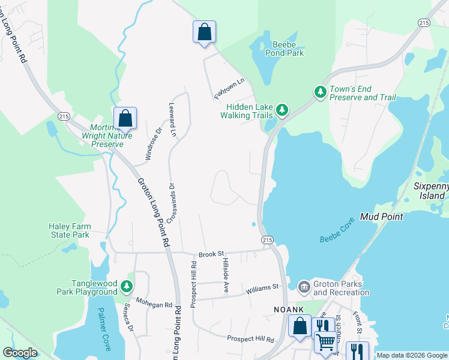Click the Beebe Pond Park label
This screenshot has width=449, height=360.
pyautogui.click(x=288, y=49)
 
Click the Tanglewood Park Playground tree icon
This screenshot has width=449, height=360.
pyautogui.click(x=126, y=287)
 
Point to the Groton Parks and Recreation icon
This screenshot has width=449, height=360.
pyautogui.click(x=304, y=287)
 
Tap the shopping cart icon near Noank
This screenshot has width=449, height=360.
pyautogui.click(x=325, y=341)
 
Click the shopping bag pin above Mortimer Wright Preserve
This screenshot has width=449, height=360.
pyautogui.click(x=125, y=118)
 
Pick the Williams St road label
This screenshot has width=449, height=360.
pyautogui.click(x=263, y=289)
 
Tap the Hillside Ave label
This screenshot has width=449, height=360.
pyautogui.click(x=226, y=275)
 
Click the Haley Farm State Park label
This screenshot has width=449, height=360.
pyautogui.click(x=69, y=230)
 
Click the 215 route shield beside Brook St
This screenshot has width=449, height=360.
pyautogui.click(x=268, y=239)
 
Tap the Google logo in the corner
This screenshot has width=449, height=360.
pyautogui.click(x=20, y=353)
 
